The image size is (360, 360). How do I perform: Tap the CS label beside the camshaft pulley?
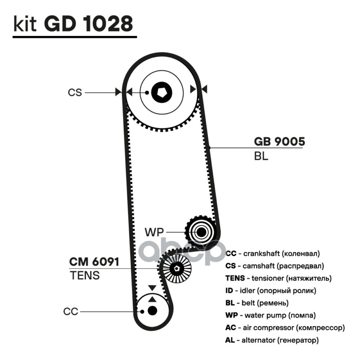point(75,92)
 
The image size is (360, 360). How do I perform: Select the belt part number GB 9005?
point(279,142)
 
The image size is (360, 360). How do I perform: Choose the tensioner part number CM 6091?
point(94,262)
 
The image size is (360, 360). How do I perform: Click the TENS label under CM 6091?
point(85,275)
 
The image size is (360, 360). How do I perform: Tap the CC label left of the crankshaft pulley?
point(71,311)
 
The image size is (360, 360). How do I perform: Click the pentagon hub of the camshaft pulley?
point(162,92)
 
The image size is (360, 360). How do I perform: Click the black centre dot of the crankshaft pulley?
point(152,310)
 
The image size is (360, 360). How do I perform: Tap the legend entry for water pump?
point(270,315)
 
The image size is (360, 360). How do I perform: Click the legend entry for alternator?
point(272,340)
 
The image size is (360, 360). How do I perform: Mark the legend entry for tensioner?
point(279,278)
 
